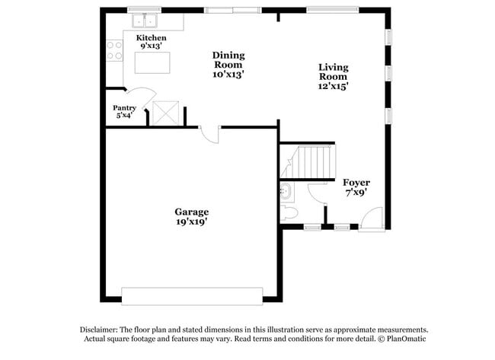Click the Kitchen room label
click(151, 38)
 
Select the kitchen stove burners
click(114, 51)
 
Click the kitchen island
click(152, 62)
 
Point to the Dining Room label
click(228, 59)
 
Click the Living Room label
click(333, 72)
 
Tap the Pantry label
click(124, 108)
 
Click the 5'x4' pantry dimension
click(124, 116)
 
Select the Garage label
click(191, 212)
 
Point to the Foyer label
click(356, 183)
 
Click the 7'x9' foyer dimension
click(356, 193)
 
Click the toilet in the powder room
click(289, 211)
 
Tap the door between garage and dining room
click(209, 133)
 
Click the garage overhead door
click(192, 295)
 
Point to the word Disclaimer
click(100, 329)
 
